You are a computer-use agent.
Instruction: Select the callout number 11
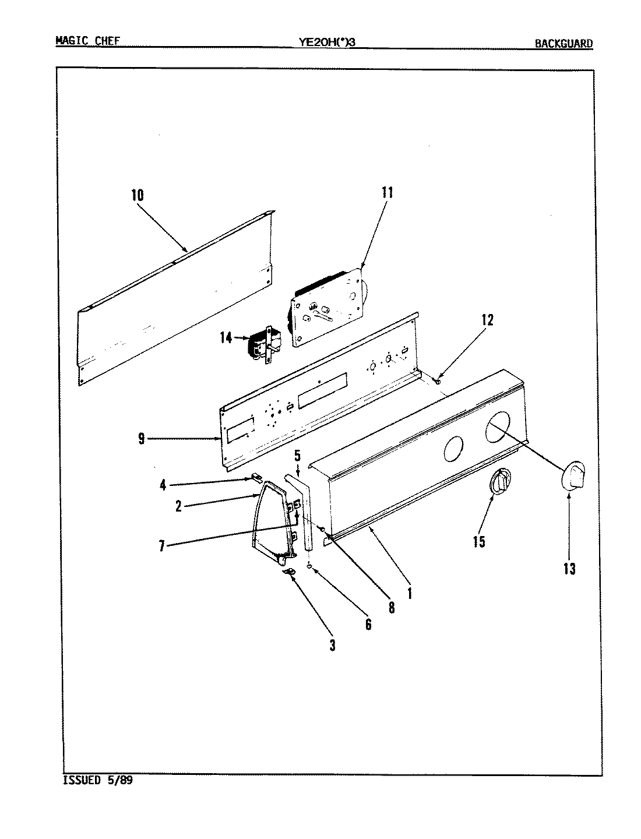click(x=387, y=192)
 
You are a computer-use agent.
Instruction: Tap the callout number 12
click(x=487, y=320)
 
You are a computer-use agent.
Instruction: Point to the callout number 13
click(x=569, y=569)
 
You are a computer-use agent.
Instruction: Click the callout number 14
click(x=226, y=337)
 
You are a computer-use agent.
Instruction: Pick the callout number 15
click(x=478, y=541)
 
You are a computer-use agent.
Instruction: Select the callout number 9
click(x=142, y=439)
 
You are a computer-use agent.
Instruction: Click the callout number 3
click(x=332, y=646)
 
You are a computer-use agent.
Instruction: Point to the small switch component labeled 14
click(x=263, y=346)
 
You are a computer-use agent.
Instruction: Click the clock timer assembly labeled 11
click(x=326, y=307)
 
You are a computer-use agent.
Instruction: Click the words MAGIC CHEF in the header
click(x=88, y=41)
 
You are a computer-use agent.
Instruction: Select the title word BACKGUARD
click(x=563, y=43)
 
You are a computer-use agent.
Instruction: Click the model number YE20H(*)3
click(x=326, y=42)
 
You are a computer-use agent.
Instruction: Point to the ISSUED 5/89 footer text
click(x=97, y=781)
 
